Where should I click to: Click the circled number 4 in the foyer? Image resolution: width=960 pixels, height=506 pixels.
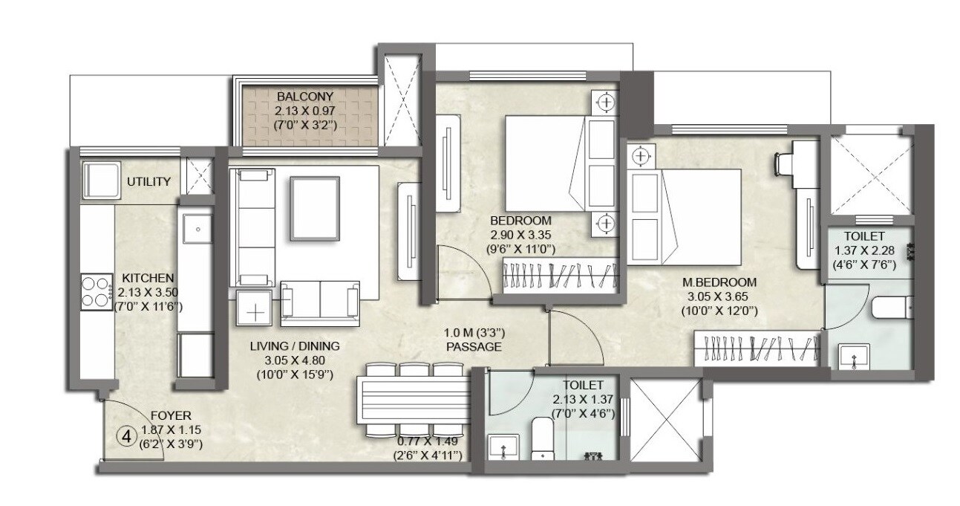(128, 436)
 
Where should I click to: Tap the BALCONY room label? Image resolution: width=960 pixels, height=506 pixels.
(305, 97)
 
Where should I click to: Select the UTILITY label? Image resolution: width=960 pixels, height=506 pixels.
(148, 181)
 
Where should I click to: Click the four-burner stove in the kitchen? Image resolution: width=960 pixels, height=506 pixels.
(96, 291)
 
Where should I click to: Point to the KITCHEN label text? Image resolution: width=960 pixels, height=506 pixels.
(148, 276)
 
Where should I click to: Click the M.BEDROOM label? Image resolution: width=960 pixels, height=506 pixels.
(719, 282)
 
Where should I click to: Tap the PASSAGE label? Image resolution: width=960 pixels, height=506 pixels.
(474, 347)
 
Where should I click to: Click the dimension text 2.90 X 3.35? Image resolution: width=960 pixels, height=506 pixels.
(520, 235)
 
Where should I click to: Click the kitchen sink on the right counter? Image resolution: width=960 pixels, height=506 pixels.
(198, 229)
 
